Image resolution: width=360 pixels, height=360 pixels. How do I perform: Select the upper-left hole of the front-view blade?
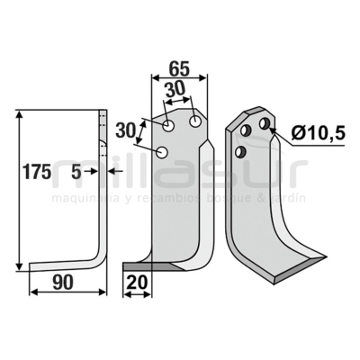168,123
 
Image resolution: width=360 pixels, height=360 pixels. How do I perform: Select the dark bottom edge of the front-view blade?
144,266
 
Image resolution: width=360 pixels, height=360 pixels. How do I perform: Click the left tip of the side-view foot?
31,265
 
